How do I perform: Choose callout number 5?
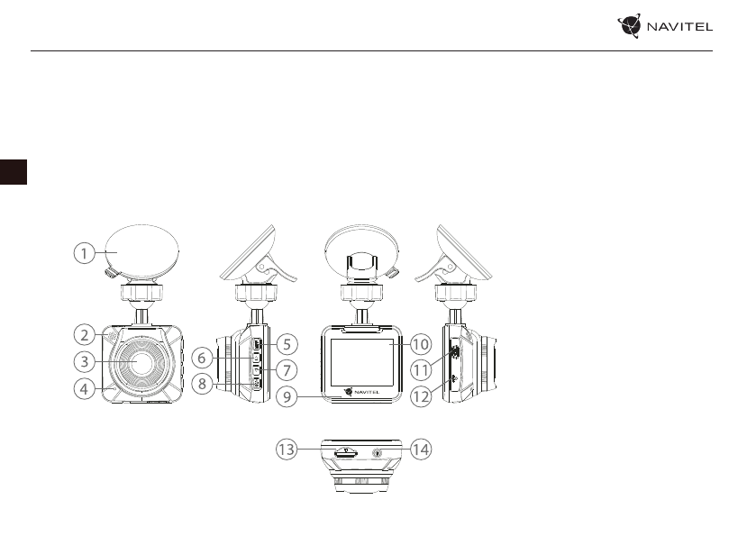click(286, 343)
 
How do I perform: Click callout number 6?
click(203, 358)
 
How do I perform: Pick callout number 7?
click(286, 369)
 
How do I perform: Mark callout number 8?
click(203, 384)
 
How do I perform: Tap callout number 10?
click(421, 343)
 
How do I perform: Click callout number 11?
click(421, 369)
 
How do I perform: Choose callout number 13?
click(287, 450)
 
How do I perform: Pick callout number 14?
click(421, 450)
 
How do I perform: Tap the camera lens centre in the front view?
click(140, 361)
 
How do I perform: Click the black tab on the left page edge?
click(13, 171)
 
